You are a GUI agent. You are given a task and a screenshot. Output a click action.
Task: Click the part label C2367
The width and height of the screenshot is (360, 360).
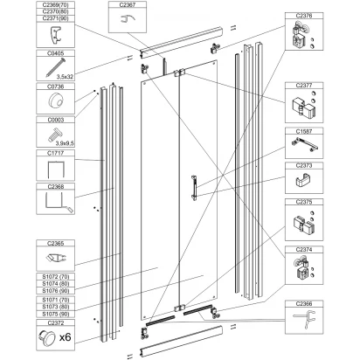pos(128,4)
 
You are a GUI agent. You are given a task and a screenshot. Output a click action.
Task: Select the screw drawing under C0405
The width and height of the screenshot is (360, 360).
pos(56,67)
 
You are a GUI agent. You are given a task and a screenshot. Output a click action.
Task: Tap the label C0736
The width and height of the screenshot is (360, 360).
pos(55,87)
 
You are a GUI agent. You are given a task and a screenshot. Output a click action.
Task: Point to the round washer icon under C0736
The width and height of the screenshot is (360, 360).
pos(55,101)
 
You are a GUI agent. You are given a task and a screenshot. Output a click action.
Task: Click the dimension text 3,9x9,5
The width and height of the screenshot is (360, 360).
pos(65,143)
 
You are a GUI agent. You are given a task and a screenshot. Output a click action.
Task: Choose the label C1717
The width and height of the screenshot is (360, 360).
pos(55,153)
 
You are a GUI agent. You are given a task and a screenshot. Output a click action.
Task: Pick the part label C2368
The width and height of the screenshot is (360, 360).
pos(55,186)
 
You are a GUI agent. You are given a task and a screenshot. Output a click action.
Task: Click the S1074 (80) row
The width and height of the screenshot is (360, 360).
pos(56,283)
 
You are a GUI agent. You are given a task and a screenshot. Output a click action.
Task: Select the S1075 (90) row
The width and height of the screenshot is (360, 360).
pos(56,314)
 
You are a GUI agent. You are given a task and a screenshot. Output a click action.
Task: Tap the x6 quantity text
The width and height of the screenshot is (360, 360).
pos(65,337)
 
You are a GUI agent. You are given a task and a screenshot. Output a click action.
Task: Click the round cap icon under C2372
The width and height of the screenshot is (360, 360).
pos(46,338)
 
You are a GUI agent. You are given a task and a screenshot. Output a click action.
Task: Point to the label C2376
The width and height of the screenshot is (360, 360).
pos(304,16)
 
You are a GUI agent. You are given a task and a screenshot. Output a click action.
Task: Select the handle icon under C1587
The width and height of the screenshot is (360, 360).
pos(304,144)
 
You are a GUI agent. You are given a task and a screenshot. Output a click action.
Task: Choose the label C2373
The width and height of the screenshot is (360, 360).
pos(304,165)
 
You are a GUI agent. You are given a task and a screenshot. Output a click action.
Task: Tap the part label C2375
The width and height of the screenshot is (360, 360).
pos(304,202)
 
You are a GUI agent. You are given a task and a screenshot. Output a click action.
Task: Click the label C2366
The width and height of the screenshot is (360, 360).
pos(304,304)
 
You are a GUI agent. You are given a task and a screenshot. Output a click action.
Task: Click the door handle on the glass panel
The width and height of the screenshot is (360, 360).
pos(194,188)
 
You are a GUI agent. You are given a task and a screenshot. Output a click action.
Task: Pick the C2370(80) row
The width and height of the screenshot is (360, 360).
pos(56,11)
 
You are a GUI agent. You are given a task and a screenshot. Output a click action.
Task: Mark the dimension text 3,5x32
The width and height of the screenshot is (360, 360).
pos(65,77)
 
